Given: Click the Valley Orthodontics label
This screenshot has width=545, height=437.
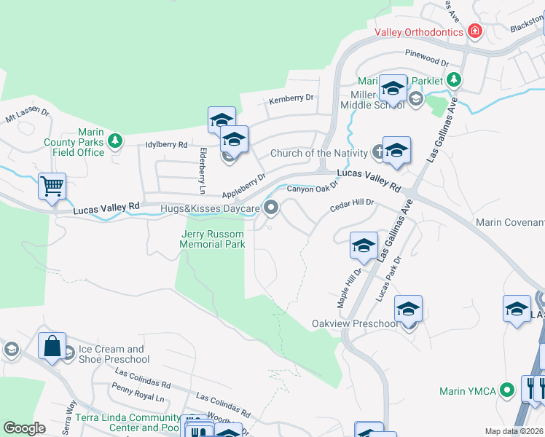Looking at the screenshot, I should click(419, 32).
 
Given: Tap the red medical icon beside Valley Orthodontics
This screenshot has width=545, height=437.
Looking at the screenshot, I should click(475, 31).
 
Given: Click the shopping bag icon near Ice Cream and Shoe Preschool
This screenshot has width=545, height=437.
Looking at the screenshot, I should click(52, 347).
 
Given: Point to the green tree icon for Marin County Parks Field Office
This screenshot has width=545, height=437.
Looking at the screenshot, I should click(114, 140).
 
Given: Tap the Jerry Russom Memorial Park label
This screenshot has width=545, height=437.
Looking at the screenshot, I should click(212, 239).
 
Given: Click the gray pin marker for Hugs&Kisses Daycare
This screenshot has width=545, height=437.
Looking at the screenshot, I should click(272, 209).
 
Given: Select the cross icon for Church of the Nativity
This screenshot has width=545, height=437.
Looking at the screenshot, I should click(377, 152).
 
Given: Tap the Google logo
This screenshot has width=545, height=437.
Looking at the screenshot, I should click(24, 428).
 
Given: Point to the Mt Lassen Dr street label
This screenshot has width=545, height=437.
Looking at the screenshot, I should click(27, 114).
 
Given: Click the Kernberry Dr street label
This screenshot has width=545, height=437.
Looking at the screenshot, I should click(291, 99).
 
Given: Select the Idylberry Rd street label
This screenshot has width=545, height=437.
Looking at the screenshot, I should click(167, 145).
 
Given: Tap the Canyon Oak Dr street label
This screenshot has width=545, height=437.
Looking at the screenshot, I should click(313, 189).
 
